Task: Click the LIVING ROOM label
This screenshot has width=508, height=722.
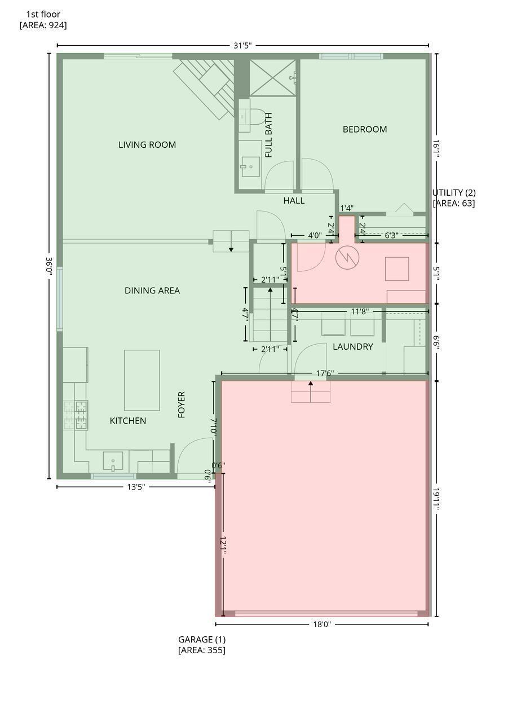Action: point(147,145)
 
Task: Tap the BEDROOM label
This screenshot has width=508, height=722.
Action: point(365,129)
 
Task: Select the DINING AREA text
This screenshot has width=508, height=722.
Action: point(152,290)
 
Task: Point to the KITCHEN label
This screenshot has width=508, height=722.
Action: point(128,421)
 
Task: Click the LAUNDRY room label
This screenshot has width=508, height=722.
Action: point(353,346)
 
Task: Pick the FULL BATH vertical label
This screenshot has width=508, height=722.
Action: point(268,135)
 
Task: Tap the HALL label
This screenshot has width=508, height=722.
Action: point(294,200)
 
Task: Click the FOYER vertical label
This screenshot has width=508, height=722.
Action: point(182,405)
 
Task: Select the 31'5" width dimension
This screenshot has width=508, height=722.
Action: point(242,46)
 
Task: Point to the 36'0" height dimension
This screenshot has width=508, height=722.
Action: point(49,266)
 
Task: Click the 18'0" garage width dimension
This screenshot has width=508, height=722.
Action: point(322,624)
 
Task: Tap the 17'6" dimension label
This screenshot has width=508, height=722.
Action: point(325,373)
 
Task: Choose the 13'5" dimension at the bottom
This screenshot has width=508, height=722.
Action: point(136,487)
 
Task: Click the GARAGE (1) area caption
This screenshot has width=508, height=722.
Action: point(202,645)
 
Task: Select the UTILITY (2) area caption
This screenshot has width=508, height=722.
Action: point(454,198)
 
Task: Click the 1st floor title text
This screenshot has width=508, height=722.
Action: point(43,20)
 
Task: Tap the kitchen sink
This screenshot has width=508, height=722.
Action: point(113,461)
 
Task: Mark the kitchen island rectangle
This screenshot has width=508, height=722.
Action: point(142,380)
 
